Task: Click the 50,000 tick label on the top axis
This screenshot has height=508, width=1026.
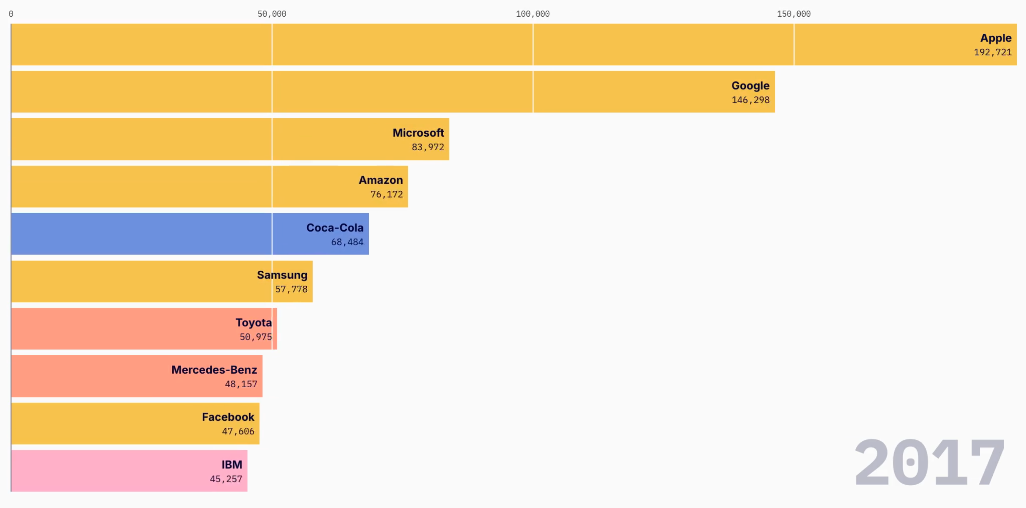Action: [x=272, y=14]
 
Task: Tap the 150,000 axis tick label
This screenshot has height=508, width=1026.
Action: [x=793, y=14]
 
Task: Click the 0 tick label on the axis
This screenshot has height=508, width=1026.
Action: [x=11, y=14]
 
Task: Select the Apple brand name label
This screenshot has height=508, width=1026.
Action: [x=995, y=38]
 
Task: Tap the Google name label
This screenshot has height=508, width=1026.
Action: [x=750, y=86]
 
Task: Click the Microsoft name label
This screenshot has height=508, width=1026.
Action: [x=418, y=133]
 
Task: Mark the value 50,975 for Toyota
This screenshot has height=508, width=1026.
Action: [x=255, y=337]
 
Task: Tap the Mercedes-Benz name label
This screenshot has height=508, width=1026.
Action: [x=214, y=370]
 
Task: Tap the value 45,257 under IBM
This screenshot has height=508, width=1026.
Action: [x=226, y=479]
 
